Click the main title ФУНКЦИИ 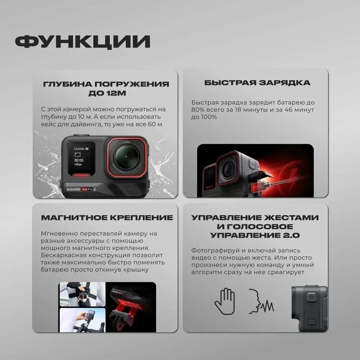pyautogui.click(x=83, y=41)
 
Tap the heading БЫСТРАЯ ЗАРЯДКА pyautogui.click(x=257, y=83)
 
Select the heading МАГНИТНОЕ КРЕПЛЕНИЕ pyautogui.click(x=107, y=217)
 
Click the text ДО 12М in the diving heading pyautogui.click(x=107, y=93)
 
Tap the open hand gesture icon pyautogui.click(x=225, y=301)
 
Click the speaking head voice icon pyautogui.click(x=261, y=301)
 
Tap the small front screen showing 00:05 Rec pyautogui.click(x=81, y=158)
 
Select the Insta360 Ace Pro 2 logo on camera pyautogui.click(x=81, y=189)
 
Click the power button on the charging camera pyautogui.click(x=253, y=165)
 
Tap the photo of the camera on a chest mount pyautogui.click(x=83, y=294)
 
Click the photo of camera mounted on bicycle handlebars pyautogui.click(x=83, y=320)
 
